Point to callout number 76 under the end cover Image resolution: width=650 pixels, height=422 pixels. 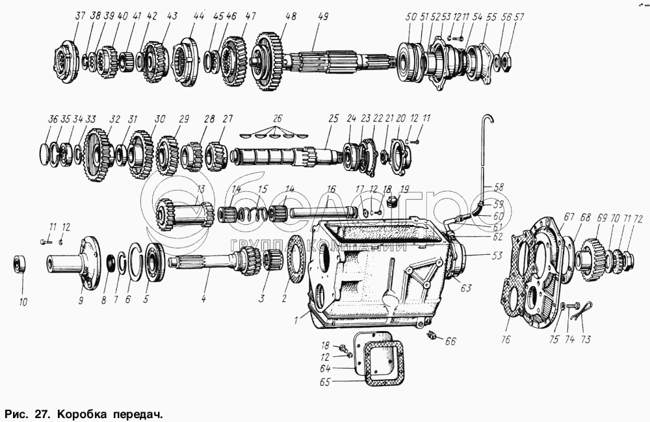[x=506, y=339]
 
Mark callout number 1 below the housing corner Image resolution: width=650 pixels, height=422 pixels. [x=296, y=320]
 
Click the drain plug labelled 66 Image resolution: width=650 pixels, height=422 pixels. [x=431, y=336]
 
